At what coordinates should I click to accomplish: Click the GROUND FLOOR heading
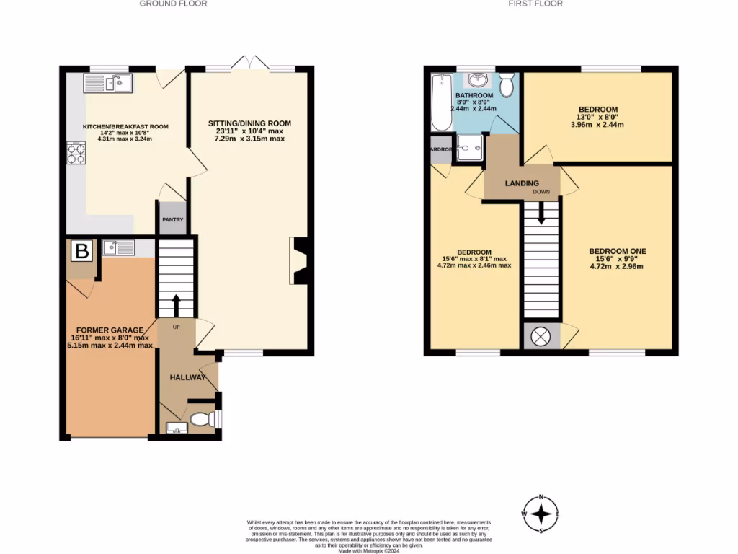click(x=173, y=4)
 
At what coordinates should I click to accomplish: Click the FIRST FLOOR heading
click(x=535, y=4)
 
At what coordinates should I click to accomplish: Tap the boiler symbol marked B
click(x=82, y=252)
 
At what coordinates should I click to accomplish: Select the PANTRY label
click(x=172, y=220)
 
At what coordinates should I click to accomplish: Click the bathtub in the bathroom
click(x=440, y=103)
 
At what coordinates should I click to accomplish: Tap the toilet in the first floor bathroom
click(x=507, y=85)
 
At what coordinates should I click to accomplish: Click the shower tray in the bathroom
click(x=471, y=149)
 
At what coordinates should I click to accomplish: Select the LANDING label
click(x=522, y=183)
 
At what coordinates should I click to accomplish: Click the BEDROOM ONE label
click(x=618, y=251)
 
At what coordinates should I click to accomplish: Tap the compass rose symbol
click(x=541, y=514)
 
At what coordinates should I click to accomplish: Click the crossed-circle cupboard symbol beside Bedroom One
click(x=541, y=337)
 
